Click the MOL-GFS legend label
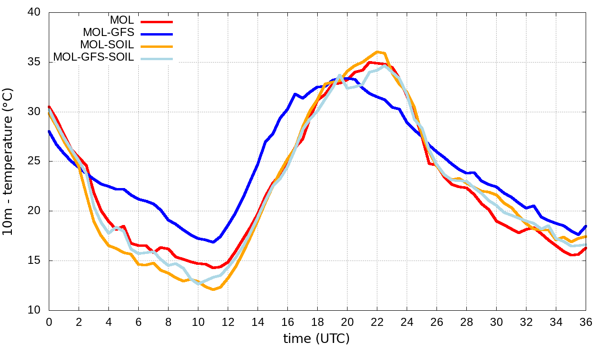coord(108,33)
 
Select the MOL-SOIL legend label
coord(107,45)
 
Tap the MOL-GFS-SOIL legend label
coord(94,57)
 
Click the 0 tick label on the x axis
coord(49,322)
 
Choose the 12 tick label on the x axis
coord(228,322)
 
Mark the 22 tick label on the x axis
coord(377,322)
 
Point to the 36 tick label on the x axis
coord(586,322)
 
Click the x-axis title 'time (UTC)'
coord(316,339)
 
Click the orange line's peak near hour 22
coord(377,52)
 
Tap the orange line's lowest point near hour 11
coord(213,289)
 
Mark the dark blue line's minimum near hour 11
coord(213,242)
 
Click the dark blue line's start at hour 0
coord(49,131)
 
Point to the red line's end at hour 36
coord(586,248)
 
